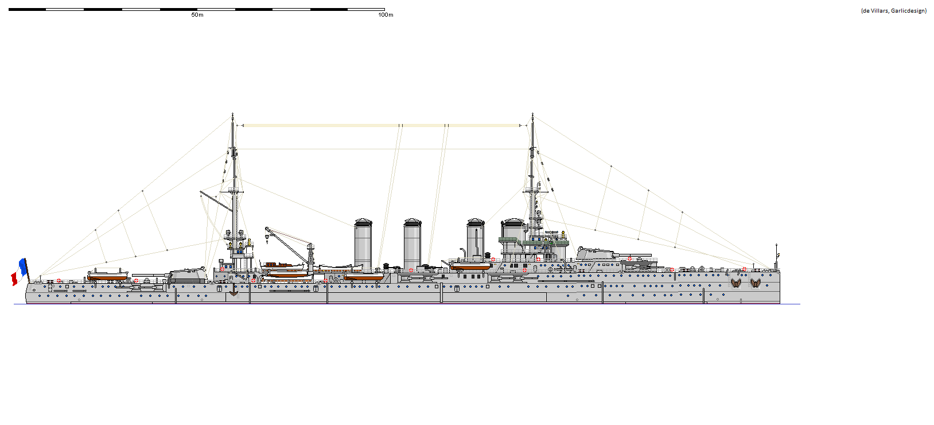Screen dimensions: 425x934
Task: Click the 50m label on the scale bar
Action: tap(197, 15)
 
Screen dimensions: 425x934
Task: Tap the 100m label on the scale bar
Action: tap(386, 15)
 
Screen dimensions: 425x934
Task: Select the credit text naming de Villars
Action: tap(893, 11)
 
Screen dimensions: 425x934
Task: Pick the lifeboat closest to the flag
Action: tap(107, 276)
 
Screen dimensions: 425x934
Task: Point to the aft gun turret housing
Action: tap(188, 275)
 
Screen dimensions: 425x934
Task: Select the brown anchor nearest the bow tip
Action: tap(755, 283)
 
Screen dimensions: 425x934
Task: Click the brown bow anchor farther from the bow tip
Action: tap(735, 283)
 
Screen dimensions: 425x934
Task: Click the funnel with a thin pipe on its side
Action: tap(476, 241)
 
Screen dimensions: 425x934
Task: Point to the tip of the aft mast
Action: tap(232, 114)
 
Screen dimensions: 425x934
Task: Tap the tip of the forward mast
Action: tap(533, 114)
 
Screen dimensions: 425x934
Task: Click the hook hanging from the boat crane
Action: tap(267, 237)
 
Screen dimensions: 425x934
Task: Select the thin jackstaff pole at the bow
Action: tap(776, 256)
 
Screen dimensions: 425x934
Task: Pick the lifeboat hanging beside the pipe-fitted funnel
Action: tap(470, 266)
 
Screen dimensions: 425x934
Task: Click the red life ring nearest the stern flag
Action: tap(59, 281)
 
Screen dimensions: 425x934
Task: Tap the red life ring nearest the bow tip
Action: tap(744, 269)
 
